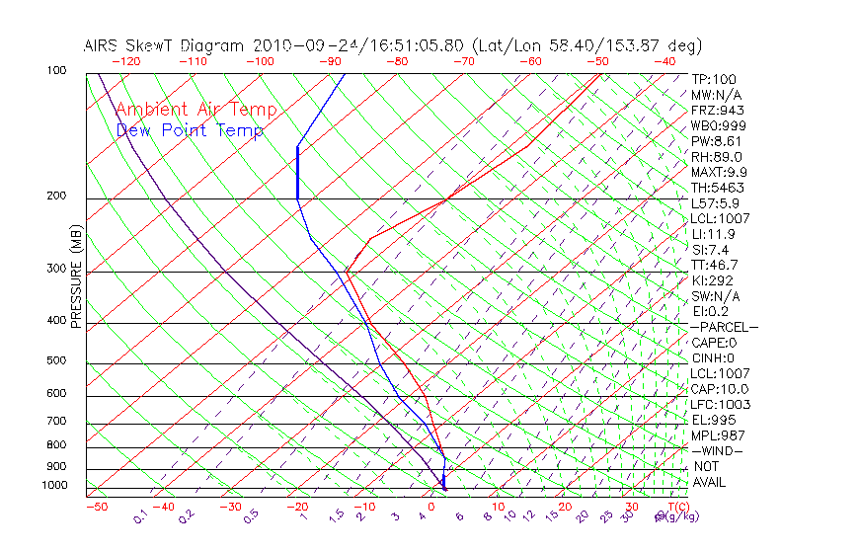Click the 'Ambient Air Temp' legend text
tap(195, 110)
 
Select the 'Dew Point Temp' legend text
tap(190, 130)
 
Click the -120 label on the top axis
tap(125, 60)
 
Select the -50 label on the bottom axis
tap(97, 507)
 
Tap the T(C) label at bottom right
tap(677, 507)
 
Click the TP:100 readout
tap(713, 79)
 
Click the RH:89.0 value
tap(716, 156)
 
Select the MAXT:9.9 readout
tap(718, 172)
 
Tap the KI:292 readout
tap(713, 280)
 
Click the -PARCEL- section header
tap(723, 327)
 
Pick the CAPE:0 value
tap(713, 343)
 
